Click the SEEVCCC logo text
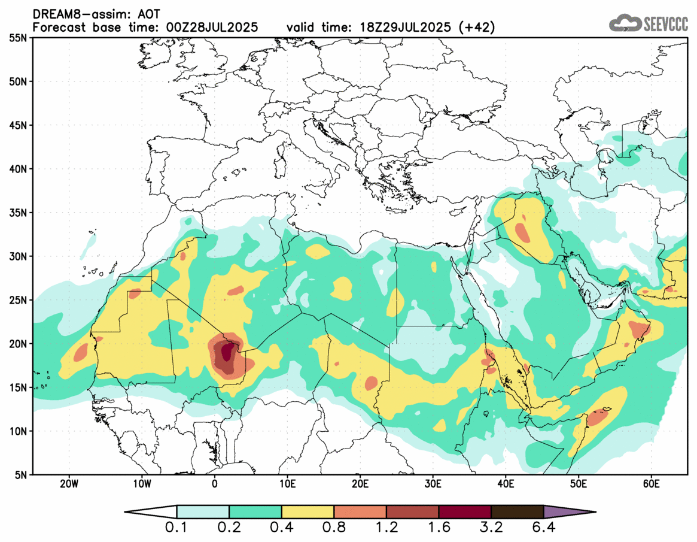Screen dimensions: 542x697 point(666,23)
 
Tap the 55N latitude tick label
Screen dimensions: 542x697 point(20,38)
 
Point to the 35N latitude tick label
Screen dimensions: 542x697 point(20,213)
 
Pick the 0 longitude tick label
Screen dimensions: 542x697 point(215,484)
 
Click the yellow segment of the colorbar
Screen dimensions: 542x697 point(308,512)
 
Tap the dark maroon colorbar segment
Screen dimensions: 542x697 point(465,512)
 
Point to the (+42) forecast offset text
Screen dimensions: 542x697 point(476,27)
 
